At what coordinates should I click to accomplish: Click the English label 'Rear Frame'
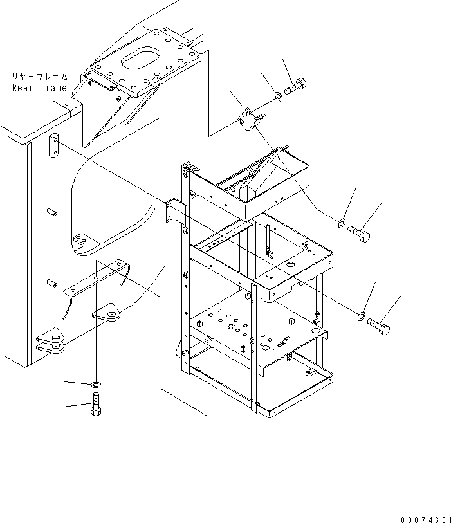tap(39, 87)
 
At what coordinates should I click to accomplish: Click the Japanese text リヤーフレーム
tap(39, 77)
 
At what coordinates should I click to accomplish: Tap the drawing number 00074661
tap(426, 519)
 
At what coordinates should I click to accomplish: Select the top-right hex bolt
tap(296, 86)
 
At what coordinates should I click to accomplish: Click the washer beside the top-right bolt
tap(278, 97)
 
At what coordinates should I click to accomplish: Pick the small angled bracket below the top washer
tap(252, 119)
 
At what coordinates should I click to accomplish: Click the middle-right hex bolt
tap(359, 233)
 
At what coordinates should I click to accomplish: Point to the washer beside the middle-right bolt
tap(342, 223)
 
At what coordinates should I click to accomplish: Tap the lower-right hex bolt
tap(378, 326)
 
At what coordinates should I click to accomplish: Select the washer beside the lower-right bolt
tap(362, 316)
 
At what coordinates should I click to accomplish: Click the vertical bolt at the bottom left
tap(96, 404)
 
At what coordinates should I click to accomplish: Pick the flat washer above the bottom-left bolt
tap(96, 385)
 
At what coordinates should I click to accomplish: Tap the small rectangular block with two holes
tap(55, 145)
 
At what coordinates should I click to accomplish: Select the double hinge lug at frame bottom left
tap(51, 340)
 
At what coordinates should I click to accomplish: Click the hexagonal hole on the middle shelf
tap(290, 265)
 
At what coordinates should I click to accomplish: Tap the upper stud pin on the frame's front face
tap(51, 212)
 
